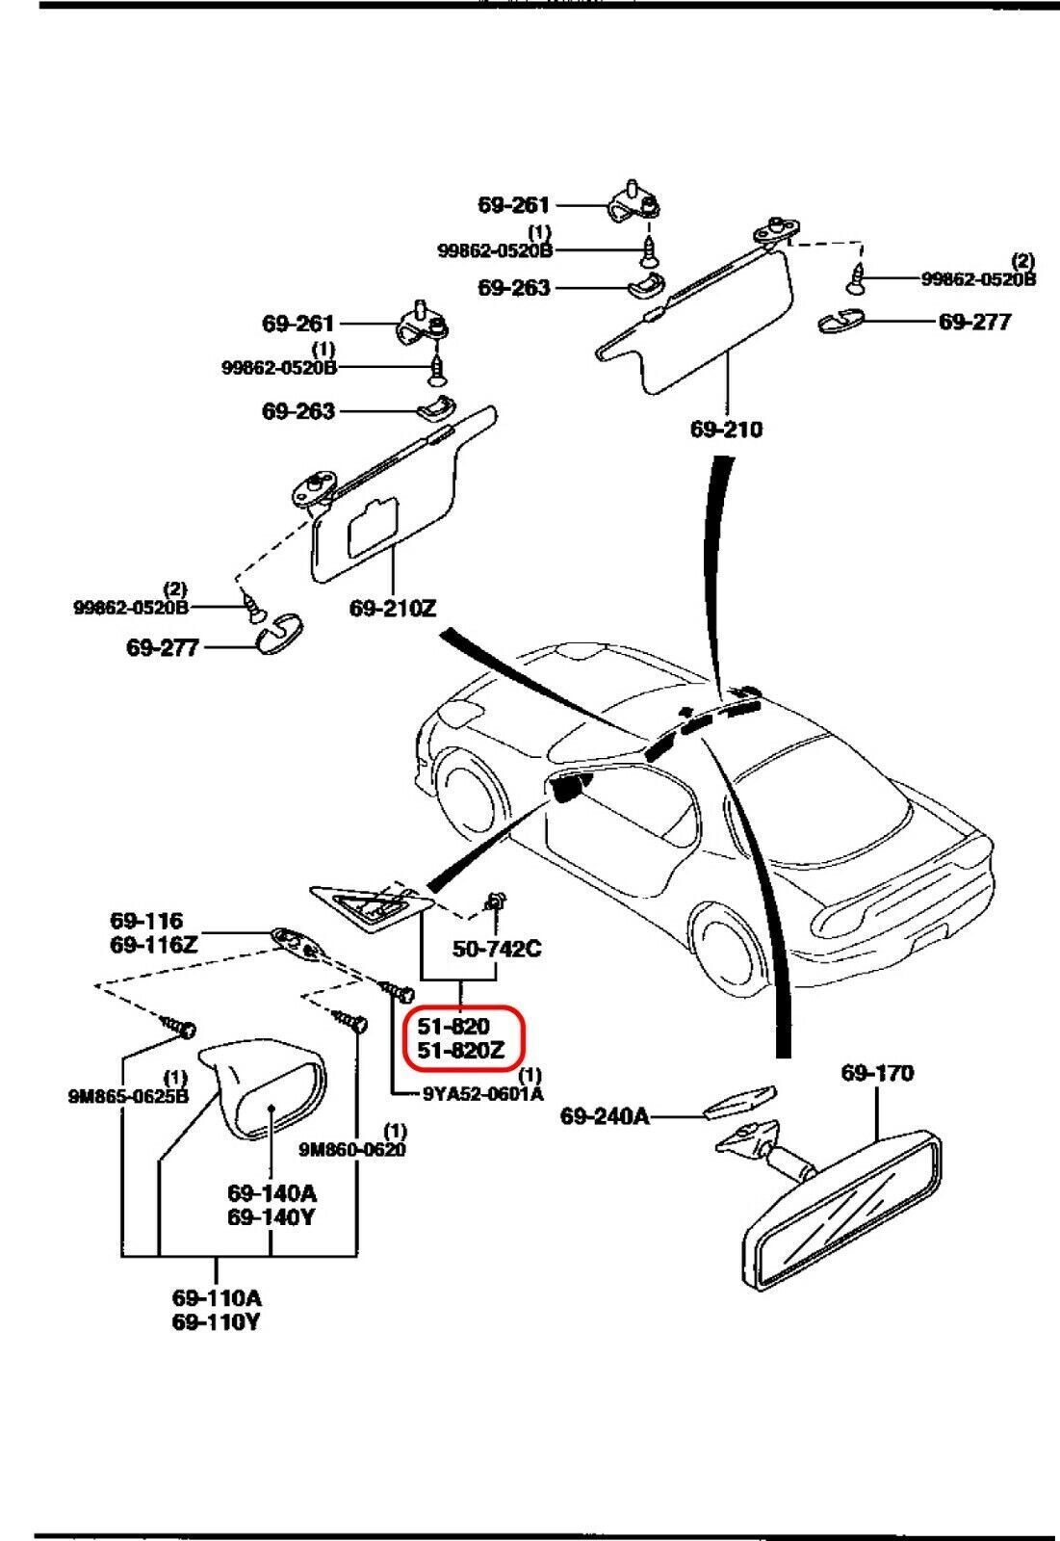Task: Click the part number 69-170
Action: [x=877, y=1073]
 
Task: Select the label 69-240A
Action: [x=605, y=1116]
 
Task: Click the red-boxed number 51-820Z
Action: [x=460, y=1052]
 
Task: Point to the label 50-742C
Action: [x=497, y=949]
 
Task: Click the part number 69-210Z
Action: [x=393, y=609]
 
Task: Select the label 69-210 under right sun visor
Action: [x=726, y=429]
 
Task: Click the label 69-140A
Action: [x=271, y=1193]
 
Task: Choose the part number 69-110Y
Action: [x=216, y=1322]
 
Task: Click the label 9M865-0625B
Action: [x=128, y=1095]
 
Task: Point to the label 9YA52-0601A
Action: [x=482, y=1093]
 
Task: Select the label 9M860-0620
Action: [x=352, y=1149]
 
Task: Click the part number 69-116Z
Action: [x=154, y=945]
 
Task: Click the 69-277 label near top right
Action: [x=974, y=322]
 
